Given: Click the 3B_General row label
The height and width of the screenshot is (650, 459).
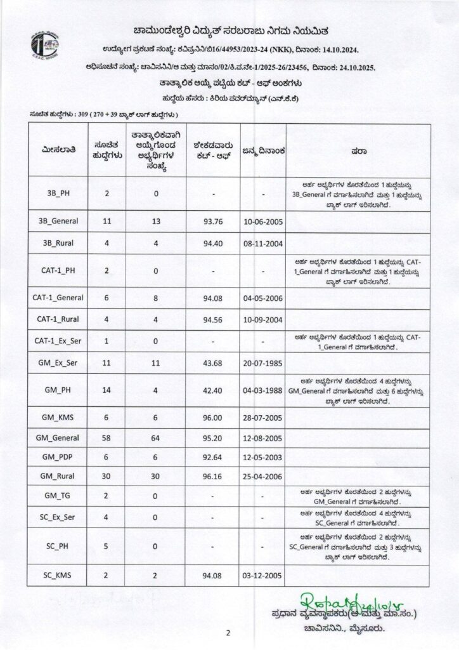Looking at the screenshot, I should [x=58, y=222].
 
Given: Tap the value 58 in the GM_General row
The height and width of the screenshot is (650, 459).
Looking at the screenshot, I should [x=106, y=439].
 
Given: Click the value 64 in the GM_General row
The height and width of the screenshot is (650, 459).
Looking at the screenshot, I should [x=155, y=439].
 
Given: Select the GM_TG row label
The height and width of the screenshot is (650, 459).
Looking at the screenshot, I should [x=58, y=496].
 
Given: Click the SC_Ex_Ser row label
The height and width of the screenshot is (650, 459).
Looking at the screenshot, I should [x=58, y=516].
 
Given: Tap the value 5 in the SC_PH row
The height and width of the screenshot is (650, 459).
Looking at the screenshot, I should [x=106, y=545].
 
